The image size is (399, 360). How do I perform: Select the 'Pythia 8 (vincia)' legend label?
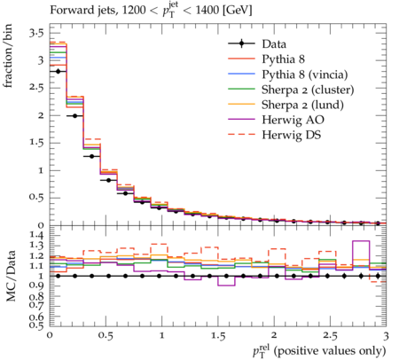(x=305, y=74)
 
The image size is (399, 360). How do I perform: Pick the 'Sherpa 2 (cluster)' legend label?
(x=308, y=90)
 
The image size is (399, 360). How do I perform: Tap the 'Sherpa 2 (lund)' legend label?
(x=302, y=105)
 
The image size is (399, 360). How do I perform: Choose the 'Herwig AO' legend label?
(x=293, y=120)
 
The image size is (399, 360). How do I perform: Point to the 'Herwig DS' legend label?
(x=292, y=135)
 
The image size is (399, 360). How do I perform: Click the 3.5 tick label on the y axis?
(x=36, y=33)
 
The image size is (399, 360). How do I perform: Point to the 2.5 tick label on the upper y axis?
(x=36, y=88)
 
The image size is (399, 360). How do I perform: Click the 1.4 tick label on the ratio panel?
(x=36, y=235)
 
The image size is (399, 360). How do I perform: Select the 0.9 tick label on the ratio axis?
(x=36, y=286)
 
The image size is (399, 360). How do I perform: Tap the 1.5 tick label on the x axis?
(x=218, y=336)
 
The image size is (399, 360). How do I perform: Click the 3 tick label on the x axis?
(x=386, y=336)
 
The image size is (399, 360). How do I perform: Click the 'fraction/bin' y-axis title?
(x=8, y=56)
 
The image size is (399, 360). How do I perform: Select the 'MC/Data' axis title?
(x=11, y=276)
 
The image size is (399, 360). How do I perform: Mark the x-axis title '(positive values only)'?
(x=330, y=351)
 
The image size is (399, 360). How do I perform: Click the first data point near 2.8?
(x=59, y=71)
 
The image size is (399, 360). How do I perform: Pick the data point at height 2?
(x=75, y=116)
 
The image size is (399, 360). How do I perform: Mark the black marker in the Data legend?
(x=241, y=43)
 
